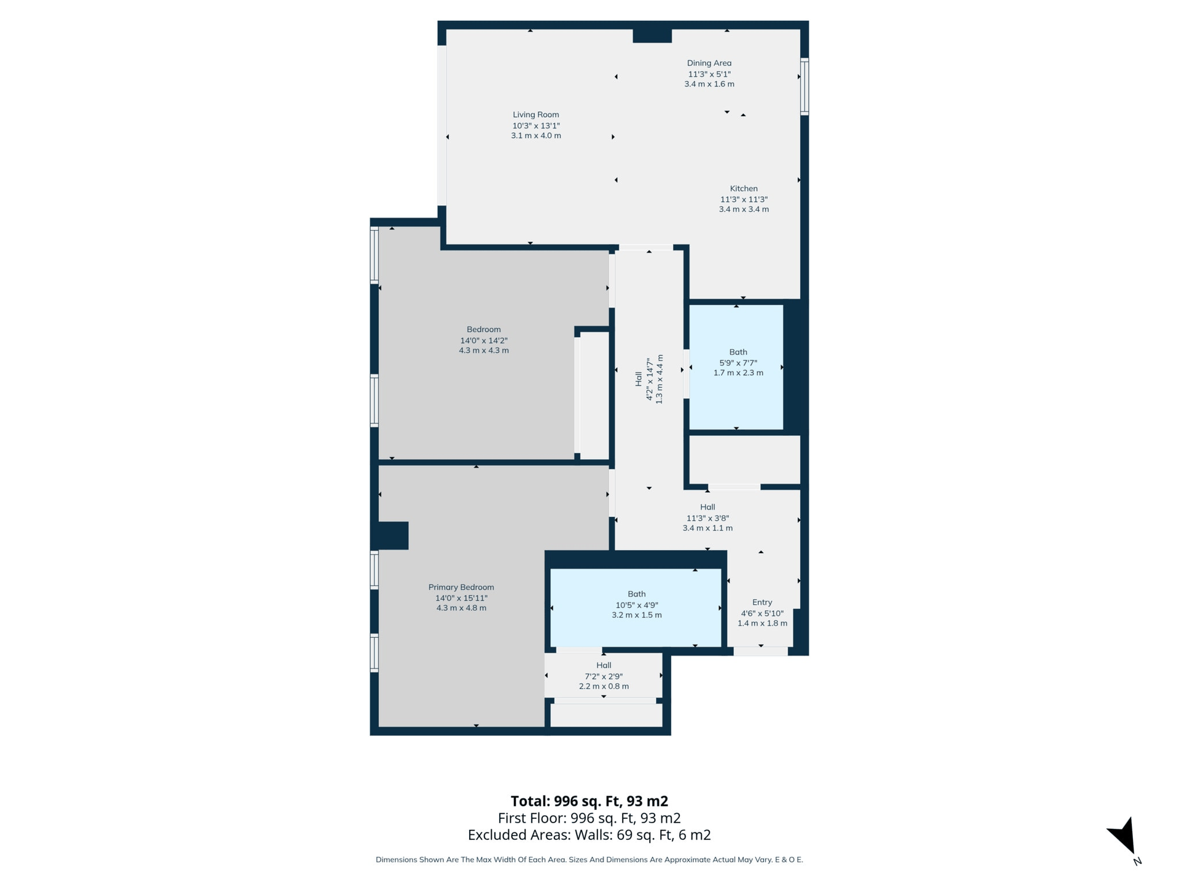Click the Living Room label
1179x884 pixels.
(x=536, y=115)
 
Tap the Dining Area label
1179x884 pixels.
(x=709, y=63)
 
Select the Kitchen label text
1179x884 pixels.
(x=744, y=188)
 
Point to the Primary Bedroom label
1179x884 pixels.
(x=461, y=587)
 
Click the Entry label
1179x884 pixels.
(x=762, y=602)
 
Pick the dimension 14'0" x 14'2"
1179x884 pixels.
(x=484, y=341)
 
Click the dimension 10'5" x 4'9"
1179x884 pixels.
(x=637, y=605)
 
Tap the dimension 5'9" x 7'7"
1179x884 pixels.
(x=738, y=363)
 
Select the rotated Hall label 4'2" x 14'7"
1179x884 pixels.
(x=649, y=379)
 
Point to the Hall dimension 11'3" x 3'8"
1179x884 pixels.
(x=707, y=518)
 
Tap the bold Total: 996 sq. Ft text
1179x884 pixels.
(x=589, y=801)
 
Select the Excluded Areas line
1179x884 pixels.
(x=589, y=835)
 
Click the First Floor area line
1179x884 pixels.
(x=589, y=818)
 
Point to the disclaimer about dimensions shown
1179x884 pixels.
(x=589, y=859)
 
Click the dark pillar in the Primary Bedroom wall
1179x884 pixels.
(x=393, y=536)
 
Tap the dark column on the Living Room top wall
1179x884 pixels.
(x=652, y=36)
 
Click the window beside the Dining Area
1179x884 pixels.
(x=804, y=87)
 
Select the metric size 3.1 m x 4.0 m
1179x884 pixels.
(x=536, y=136)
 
